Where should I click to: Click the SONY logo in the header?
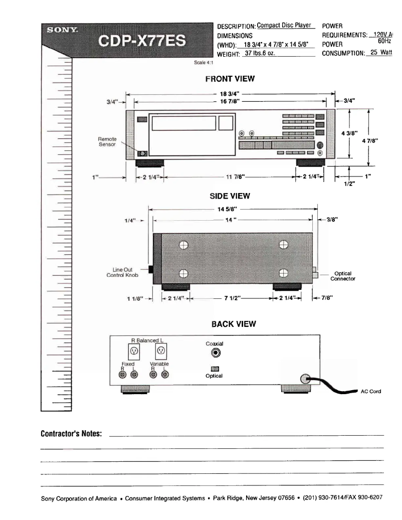(x=61, y=30)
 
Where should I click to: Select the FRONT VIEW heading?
(x=230, y=79)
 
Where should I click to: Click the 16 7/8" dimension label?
(x=230, y=101)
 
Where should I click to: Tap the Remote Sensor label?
(x=107, y=141)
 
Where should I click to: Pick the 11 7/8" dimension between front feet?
(x=231, y=177)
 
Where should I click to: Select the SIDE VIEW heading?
(x=230, y=196)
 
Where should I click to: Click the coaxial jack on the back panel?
(x=216, y=353)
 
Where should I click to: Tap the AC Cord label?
(x=371, y=392)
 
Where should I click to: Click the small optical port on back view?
(x=216, y=369)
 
